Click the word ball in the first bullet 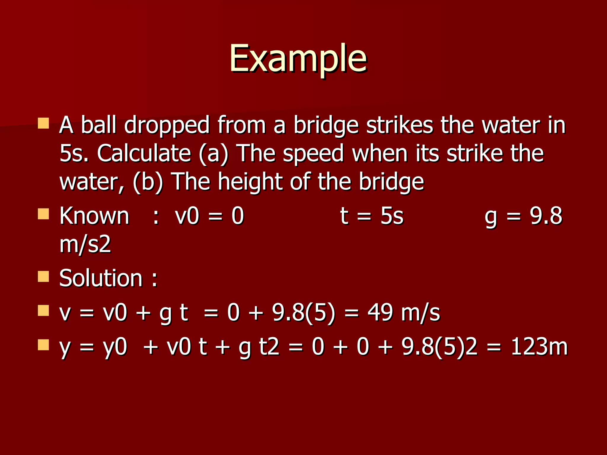(x=99, y=125)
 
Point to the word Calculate (x=144, y=153)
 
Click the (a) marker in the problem (x=213, y=154)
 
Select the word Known (x=94, y=216)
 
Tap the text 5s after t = (x=392, y=216)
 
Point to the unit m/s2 (x=85, y=245)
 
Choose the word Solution (x=101, y=278)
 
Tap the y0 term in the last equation (x=115, y=347)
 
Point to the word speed (x=313, y=154)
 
